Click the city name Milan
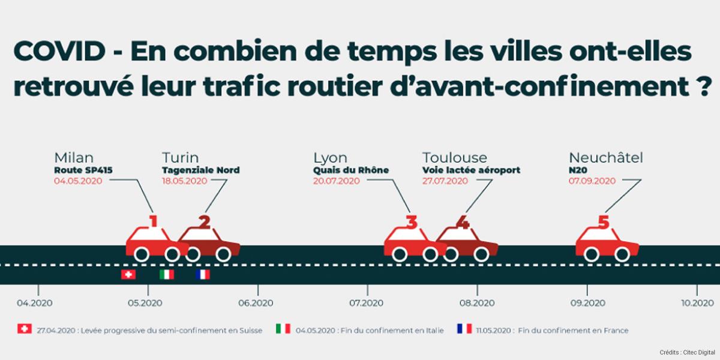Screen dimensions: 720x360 [74, 158]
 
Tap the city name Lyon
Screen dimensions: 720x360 [330, 158]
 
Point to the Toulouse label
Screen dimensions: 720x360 [454, 158]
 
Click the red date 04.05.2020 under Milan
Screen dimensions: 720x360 [78, 181]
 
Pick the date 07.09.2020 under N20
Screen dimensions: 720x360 [593, 181]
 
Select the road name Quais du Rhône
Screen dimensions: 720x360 [351, 170]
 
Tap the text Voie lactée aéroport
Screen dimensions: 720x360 [471, 170]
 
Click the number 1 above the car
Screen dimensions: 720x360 [153, 221]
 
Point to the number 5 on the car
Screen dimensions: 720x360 [603, 222]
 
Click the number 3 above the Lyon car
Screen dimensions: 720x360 [411, 222]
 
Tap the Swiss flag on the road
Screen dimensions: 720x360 [128, 274]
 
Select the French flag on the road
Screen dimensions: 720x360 [203, 274]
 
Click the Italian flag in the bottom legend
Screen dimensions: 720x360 [283, 329]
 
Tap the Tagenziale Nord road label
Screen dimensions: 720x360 [200, 170]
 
